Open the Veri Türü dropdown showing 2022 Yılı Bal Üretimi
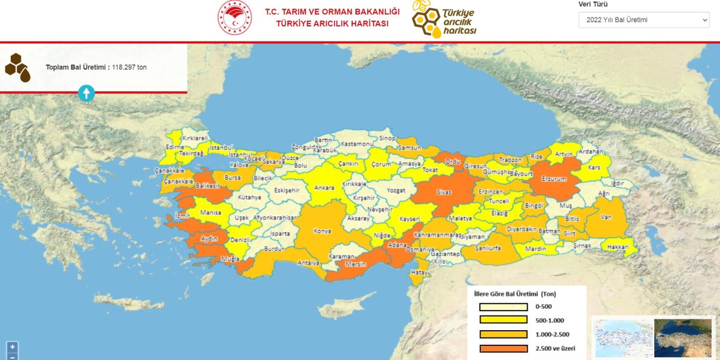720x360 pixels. (643, 20)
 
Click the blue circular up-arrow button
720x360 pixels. (86, 93)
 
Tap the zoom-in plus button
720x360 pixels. (12, 347)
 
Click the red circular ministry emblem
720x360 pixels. (235, 18)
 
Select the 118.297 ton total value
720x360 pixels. (129, 67)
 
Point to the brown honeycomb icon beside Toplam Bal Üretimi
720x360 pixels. (17, 67)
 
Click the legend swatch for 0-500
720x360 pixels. (503, 307)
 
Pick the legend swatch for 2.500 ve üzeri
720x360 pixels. (503, 348)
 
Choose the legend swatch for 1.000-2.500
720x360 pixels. (503, 335)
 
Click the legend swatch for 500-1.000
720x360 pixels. (503, 321)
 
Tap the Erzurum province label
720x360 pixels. (553, 179)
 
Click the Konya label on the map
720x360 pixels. (322, 231)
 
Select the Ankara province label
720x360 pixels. (324, 188)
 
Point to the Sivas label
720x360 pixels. (444, 192)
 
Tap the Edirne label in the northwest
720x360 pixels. (175, 147)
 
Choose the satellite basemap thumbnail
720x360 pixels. (682, 337)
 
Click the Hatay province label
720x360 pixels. (419, 272)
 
